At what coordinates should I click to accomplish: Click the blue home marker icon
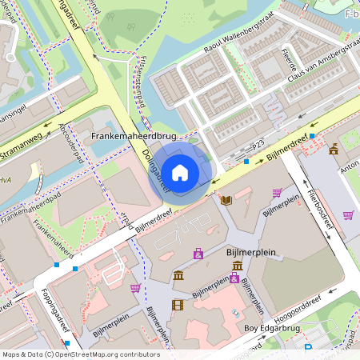pyautogui.click(x=181, y=172)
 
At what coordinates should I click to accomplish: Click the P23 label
pyautogui.click(x=258, y=144)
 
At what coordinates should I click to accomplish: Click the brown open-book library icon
pyautogui.click(x=227, y=199)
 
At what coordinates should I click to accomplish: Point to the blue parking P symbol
pyautogui.click(x=308, y=347)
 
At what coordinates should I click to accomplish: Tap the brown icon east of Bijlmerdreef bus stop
pyautogui.click(x=333, y=150)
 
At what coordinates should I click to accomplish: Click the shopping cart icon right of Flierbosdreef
pyautogui.click(x=348, y=214)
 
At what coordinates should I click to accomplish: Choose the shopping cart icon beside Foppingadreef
pyautogui.click(x=135, y=287)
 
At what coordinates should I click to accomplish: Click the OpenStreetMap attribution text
pyautogui.click(x=80, y=354)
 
